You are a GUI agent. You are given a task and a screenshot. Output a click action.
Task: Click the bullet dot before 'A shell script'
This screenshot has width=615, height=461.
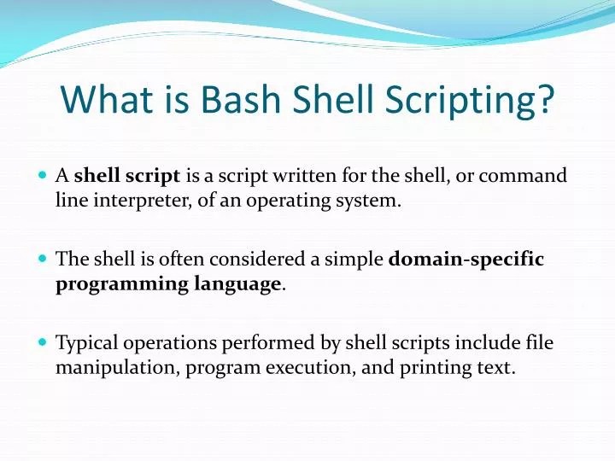pos(43,175)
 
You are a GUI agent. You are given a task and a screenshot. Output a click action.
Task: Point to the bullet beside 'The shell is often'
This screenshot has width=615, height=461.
pos(43,258)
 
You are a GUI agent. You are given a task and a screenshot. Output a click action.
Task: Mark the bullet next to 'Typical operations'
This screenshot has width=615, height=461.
pos(43,341)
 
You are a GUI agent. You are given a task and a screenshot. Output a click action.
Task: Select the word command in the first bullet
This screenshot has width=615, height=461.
pos(522,176)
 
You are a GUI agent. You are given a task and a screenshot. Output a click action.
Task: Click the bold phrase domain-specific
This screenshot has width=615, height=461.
pos(466,259)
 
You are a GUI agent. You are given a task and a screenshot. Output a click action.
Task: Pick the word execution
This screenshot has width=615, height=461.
pos(299,370)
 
